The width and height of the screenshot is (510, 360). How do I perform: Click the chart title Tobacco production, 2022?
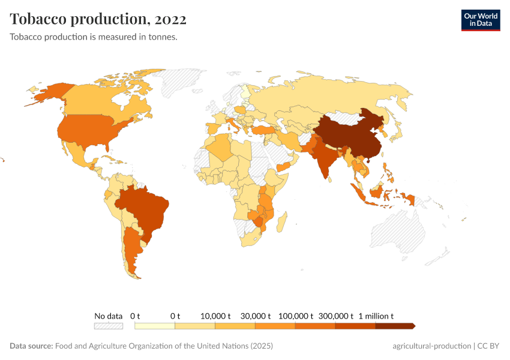pyautogui.click(x=98, y=19)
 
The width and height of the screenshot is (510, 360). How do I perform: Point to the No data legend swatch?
pyautogui.click(x=108, y=326)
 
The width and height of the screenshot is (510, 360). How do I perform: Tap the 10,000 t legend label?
pyautogui.click(x=215, y=316)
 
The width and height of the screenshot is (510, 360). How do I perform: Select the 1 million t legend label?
pyautogui.click(x=376, y=316)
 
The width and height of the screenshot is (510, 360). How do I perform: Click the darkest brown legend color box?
pyautogui.click(x=394, y=326)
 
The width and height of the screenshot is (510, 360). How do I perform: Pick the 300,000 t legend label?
pyautogui.click(x=335, y=316)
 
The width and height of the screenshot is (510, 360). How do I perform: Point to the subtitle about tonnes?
pyautogui.click(x=93, y=37)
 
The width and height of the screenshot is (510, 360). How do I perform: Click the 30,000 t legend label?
pyautogui.click(x=256, y=316)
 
